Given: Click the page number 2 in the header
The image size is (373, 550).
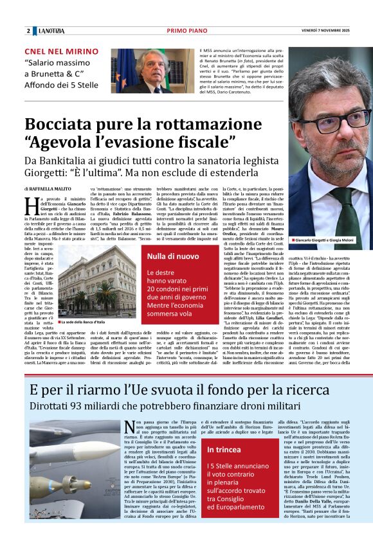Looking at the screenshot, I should pos(28,31).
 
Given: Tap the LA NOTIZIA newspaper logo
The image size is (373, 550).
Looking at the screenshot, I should pos(51,31).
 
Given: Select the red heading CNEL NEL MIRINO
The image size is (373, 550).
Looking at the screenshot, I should pos(61,51).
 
